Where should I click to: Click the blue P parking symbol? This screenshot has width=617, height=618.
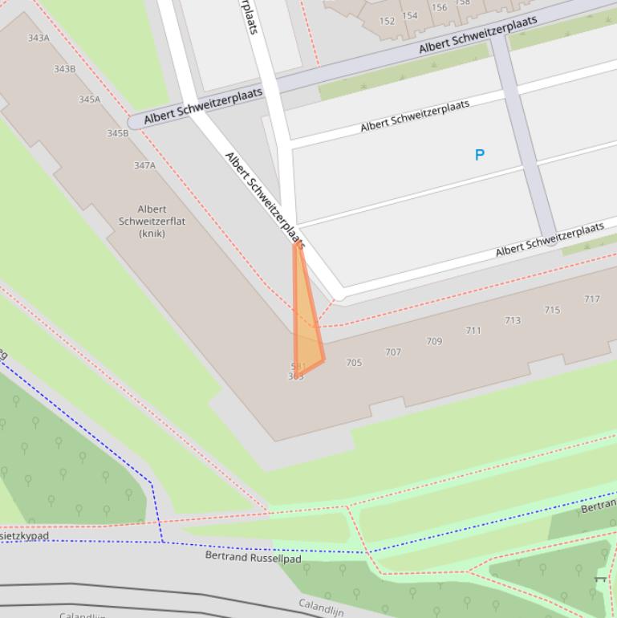pyautogui.click(x=480, y=155)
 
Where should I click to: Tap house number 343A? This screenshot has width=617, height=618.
pyautogui.click(x=39, y=38)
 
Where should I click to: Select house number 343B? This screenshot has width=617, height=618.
pyautogui.click(x=64, y=69)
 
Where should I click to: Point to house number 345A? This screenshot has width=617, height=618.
pyautogui.click(x=89, y=100)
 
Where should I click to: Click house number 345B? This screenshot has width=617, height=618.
pyautogui.click(x=117, y=133)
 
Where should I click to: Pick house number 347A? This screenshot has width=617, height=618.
pyautogui.click(x=144, y=165)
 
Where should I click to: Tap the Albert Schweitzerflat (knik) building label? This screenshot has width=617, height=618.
pyautogui.click(x=152, y=221)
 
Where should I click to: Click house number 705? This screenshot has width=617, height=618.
pyautogui.click(x=354, y=363)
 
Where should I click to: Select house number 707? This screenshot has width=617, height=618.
pyautogui.click(x=393, y=352)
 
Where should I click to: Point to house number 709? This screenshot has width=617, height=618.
pyautogui.click(x=434, y=341)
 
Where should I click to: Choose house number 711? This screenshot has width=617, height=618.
pyautogui.click(x=473, y=331)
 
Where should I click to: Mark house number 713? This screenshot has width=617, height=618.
pyautogui.click(x=513, y=320)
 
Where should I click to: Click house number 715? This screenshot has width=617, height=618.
pyautogui.click(x=552, y=310)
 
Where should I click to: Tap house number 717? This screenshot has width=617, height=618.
pyautogui.click(x=591, y=299)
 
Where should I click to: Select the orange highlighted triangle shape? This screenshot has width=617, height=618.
pyautogui.click(x=306, y=321)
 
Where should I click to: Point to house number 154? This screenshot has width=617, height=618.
pyautogui.click(x=410, y=15)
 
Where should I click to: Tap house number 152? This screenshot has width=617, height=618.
pyautogui.click(x=387, y=22)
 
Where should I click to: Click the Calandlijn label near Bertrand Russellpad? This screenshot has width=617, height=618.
pyautogui.click(x=322, y=606)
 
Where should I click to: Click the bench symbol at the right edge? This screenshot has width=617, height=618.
pyautogui.click(x=600, y=578)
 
